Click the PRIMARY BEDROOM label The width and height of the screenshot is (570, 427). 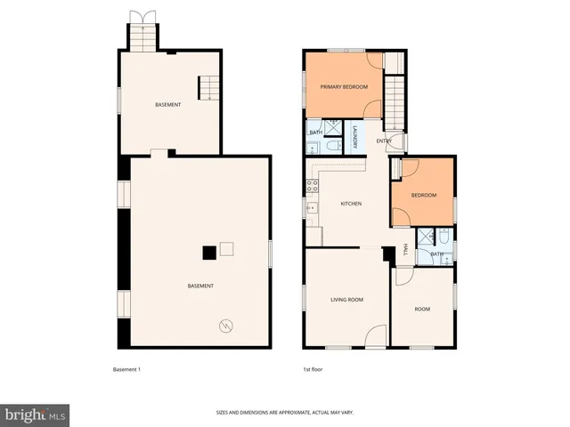pyautogui.click(x=344, y=87)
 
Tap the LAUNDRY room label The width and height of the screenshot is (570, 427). pyautogui.click(x=355, y=136)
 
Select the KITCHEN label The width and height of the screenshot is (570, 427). pyautogui.click(x=351, y=204)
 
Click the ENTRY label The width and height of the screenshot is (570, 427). pyautogui.click(x=384, y=141)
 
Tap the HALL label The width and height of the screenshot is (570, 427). pyautogui.click(x=405, y=252)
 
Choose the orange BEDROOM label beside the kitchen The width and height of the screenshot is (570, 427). pyautogui.click(x=423, y=195)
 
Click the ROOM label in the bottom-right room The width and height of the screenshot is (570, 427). pyautogui.click(x=422, y=309)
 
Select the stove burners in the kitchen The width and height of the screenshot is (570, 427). pyautogui.click(x=313, y=186)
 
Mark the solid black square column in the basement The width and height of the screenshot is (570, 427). pyautogui.click(x=208, y=253)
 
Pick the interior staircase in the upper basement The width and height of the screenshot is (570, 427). pyautogui.click(x=207, y=87)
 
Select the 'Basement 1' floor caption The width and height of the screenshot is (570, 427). pyautogui.click(x=126, y=369)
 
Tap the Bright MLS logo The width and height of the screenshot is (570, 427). pyautogui.click(x=35, y=415)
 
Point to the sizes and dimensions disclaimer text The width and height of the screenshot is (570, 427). pyautogui.click(x=284, y=412)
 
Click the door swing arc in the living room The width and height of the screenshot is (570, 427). pyautogui.click(x=377, y=334)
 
